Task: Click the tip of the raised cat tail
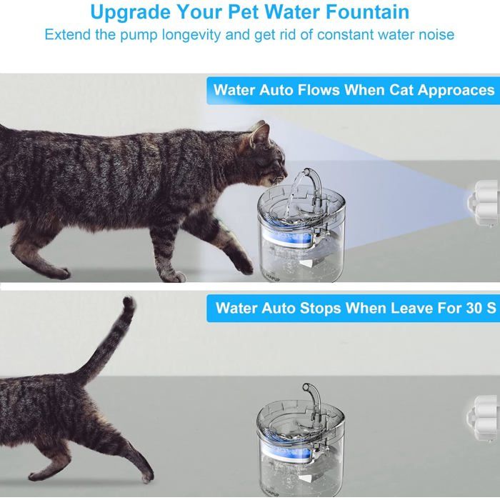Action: tap(129, 304)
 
